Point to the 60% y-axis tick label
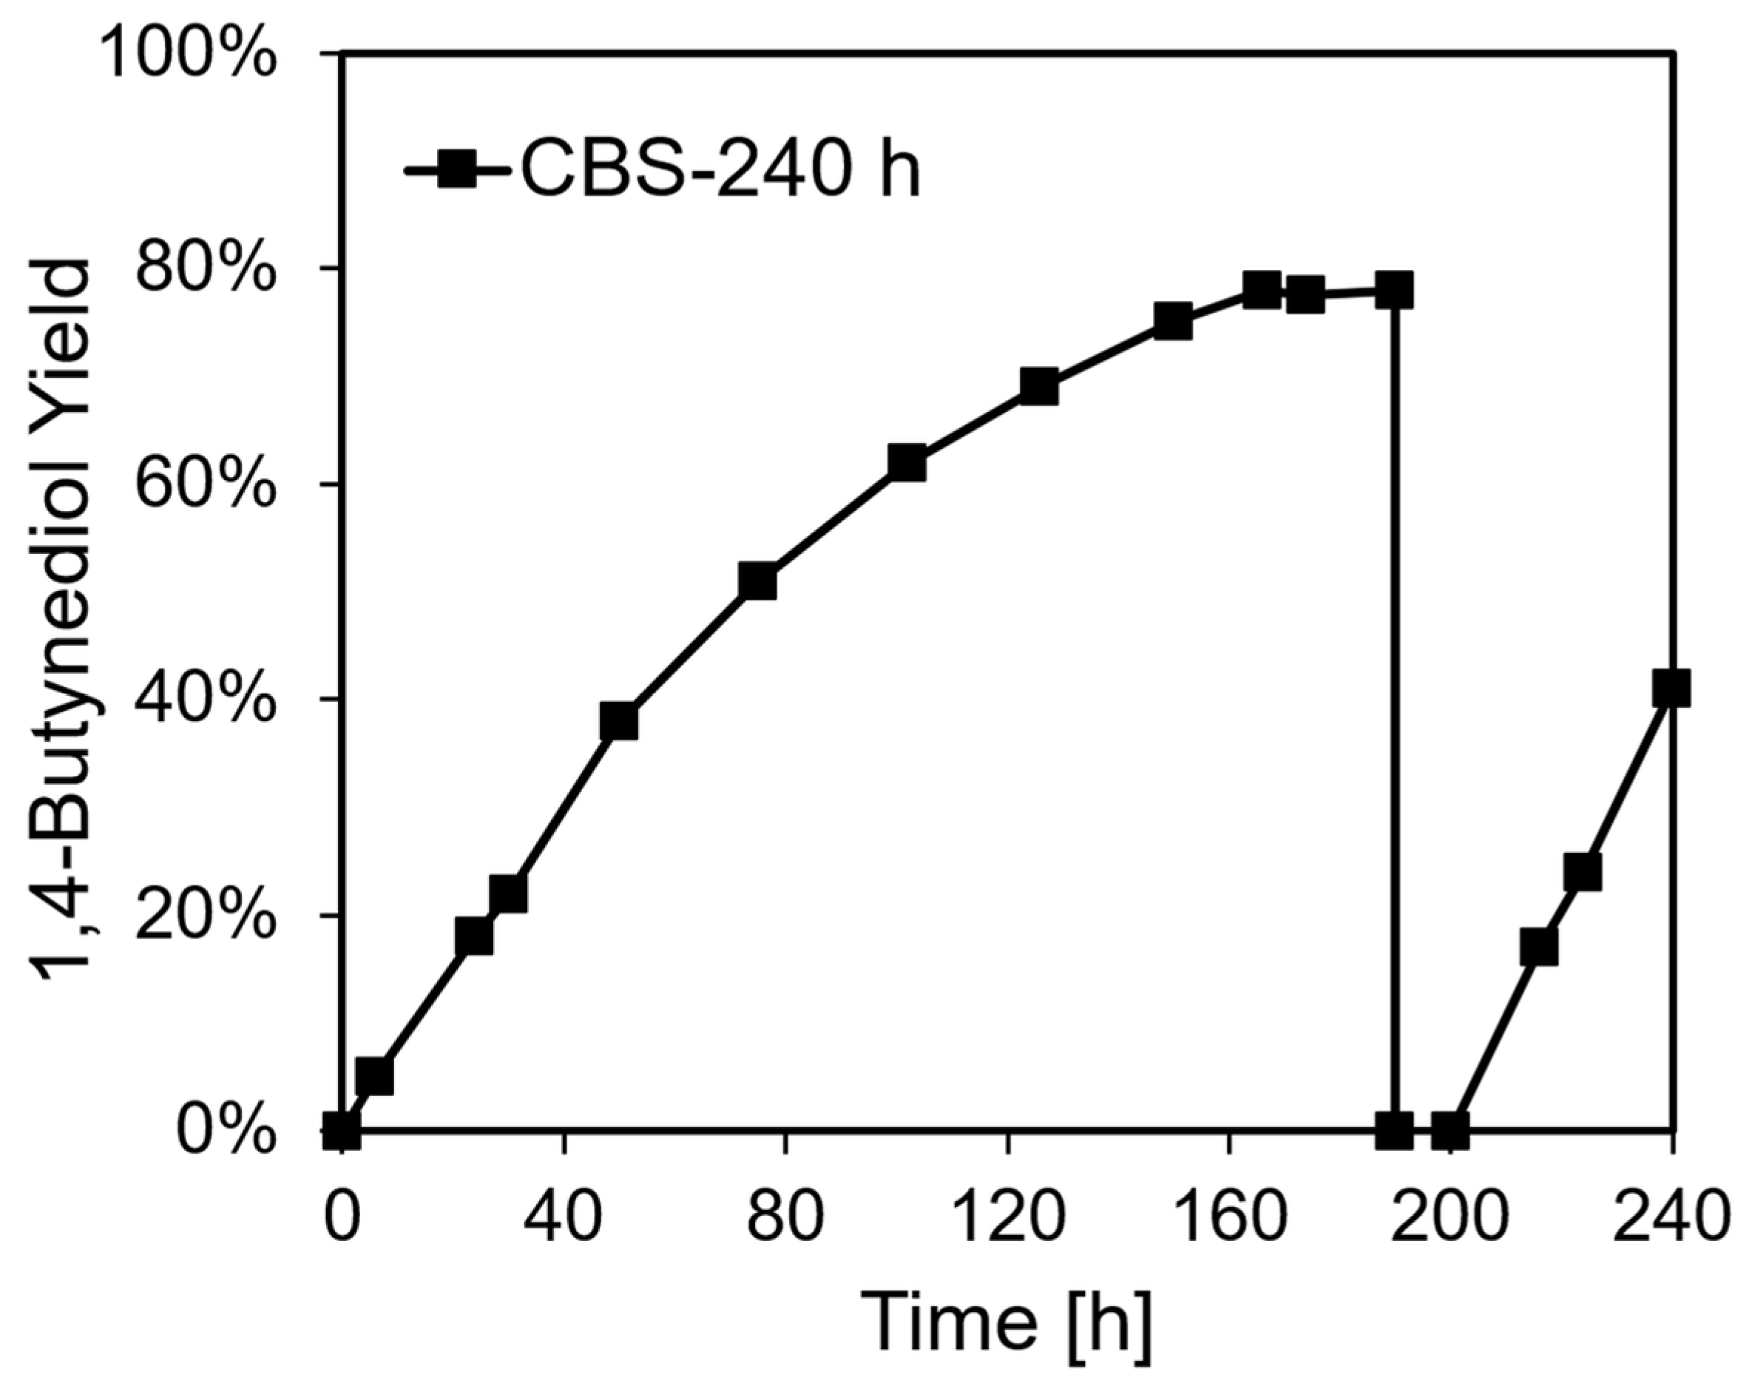pos(206,484)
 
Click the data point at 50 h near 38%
pos(618,720)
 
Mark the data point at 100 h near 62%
pos(906,462)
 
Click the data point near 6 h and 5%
pos(374,1076)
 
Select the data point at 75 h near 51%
pos(758,581)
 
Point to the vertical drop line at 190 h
pos(1394,712)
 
